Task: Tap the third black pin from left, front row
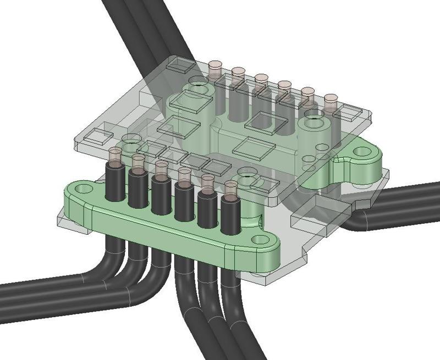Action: point(161,195)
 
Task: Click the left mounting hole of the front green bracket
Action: point(82,189)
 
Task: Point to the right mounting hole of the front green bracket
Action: point(257,240)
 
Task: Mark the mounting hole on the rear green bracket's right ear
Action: point(361,151)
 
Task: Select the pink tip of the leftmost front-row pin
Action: point(114,153)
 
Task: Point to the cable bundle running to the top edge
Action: point(137,22)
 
